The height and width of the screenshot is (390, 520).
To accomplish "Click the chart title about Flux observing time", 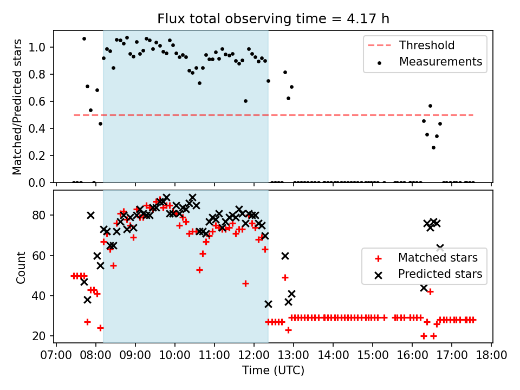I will pyautogui.click(x=273, y=19).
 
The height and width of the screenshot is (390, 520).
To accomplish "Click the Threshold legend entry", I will pyautogui.click(x=427, y=45).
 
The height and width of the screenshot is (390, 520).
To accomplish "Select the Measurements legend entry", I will pyautogui.click(x=440, y=62).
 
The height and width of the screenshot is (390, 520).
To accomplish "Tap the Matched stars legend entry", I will pyautogui.click(x=438, y=257).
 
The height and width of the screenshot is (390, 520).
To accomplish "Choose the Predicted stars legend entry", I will pyautogui.click(x=440, y=274).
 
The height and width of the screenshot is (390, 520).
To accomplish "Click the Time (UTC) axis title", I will pyautogui.click(x=273, y=370).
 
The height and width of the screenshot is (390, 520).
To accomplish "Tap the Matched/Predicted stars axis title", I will pyautogui.click(x=17, y=107).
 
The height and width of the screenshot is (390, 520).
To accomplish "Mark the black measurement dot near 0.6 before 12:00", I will pyautogui.click(x=245, y=101).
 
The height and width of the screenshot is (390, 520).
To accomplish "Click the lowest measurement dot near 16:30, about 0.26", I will pyautogui.click(x=433, y=147).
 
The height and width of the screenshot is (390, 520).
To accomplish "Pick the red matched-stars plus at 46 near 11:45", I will pyautogui.click(x=245, y=283).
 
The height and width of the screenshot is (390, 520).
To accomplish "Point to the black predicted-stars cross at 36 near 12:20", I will pyautogui.click(x=268, y=304).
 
